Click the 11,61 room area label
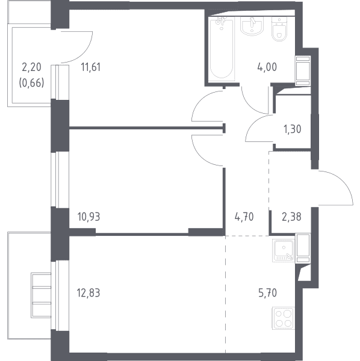tap(90, 67)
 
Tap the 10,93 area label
tap(88, 217)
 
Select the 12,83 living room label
tap(88, 293)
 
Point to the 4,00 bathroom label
tap(267, 67)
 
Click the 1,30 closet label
tap(293, 129)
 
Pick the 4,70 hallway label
tap(244, 217)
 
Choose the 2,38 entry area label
tap(291, 217)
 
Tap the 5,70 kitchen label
tap(267, 293)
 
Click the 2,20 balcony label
tap(31, 67)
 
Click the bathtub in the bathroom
tap(222, 49)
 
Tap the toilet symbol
tap(279, 29)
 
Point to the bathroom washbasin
tap(252, 26)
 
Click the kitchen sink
tap(284, 250)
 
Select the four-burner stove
tap(284, 318)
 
